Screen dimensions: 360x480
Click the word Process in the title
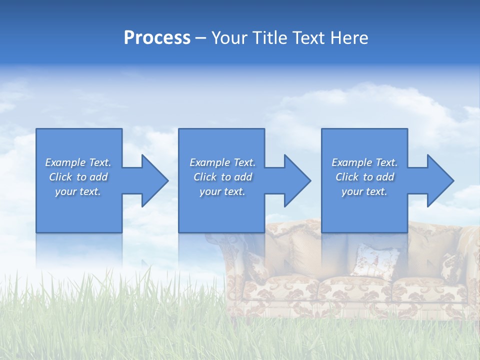[x=157, y=38]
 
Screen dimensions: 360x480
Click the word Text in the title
[x=310, y=38]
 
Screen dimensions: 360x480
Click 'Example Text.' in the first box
[x=78, y=162]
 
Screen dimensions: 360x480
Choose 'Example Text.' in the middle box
[x=222, y=162]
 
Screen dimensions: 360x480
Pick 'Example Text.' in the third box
[x=364, y=162]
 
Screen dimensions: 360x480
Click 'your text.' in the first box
[x=78, y=191]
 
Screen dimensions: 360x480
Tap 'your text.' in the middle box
[x=222, y=191]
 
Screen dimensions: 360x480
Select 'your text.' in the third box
[x=364, y=191]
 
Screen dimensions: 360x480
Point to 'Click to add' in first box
[x=78, y=177]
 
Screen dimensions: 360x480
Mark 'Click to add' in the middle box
[x=222, y=177]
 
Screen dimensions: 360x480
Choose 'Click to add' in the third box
[x=364, y=177]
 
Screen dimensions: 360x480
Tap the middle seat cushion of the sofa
[x=355, y=290]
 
